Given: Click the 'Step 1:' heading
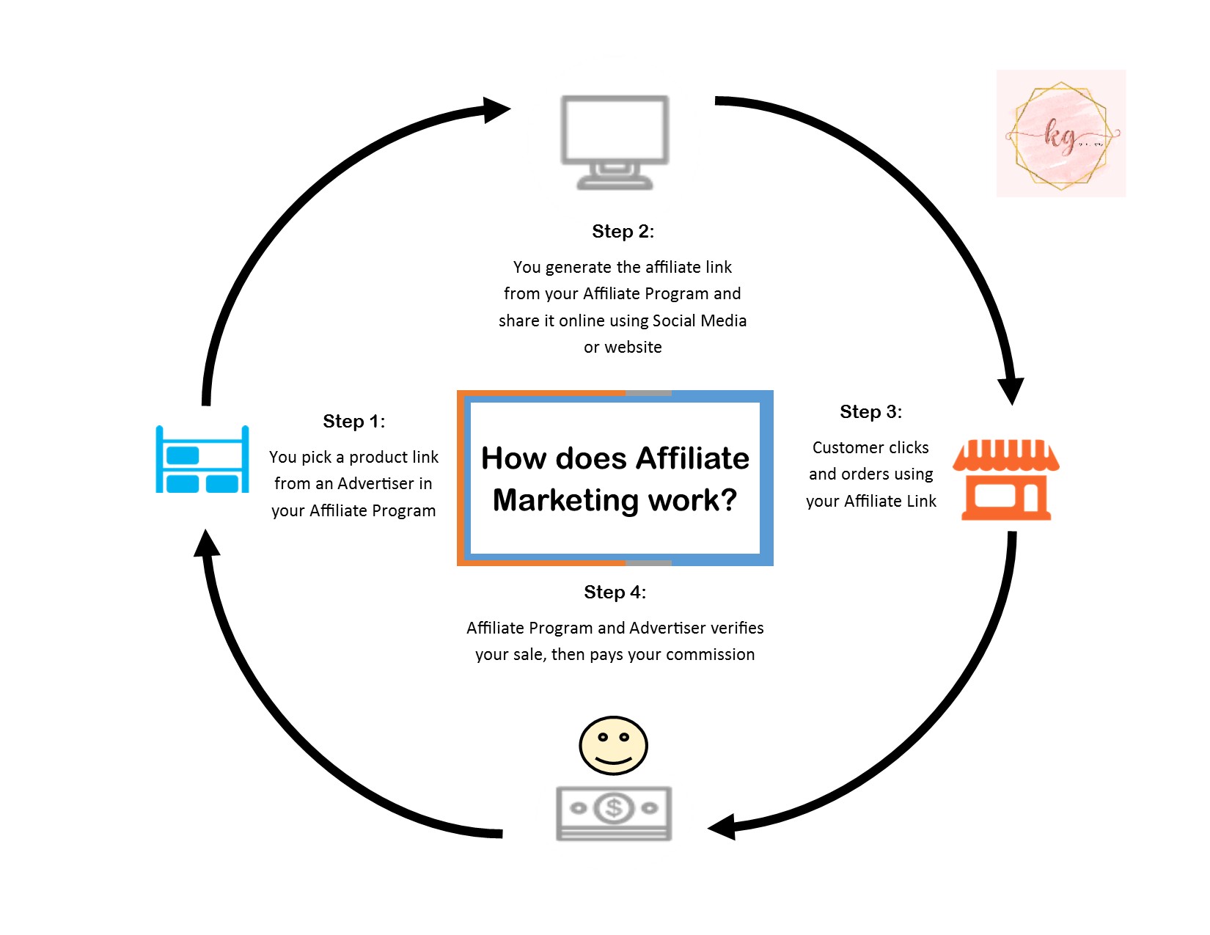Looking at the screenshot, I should click(x=353, y=422).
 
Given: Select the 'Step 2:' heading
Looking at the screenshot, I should click(x=623, y=232).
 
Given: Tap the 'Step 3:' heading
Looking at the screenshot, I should click(x=870, y=412).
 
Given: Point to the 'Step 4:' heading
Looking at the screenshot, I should click(x=615, y=593).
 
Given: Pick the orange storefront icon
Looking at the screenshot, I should click(x=1005, y=480).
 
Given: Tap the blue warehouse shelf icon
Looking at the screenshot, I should click(x=202, y=460).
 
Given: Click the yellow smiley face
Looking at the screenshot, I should click(x=613, y=745).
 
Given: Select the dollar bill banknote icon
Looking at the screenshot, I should click(x=614, y=813).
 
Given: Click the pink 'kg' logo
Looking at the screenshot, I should click(x=1060, y=134).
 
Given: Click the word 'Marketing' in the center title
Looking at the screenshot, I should click(x=565, y=500).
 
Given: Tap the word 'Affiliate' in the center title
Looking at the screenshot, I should click(x=692, y=459).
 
